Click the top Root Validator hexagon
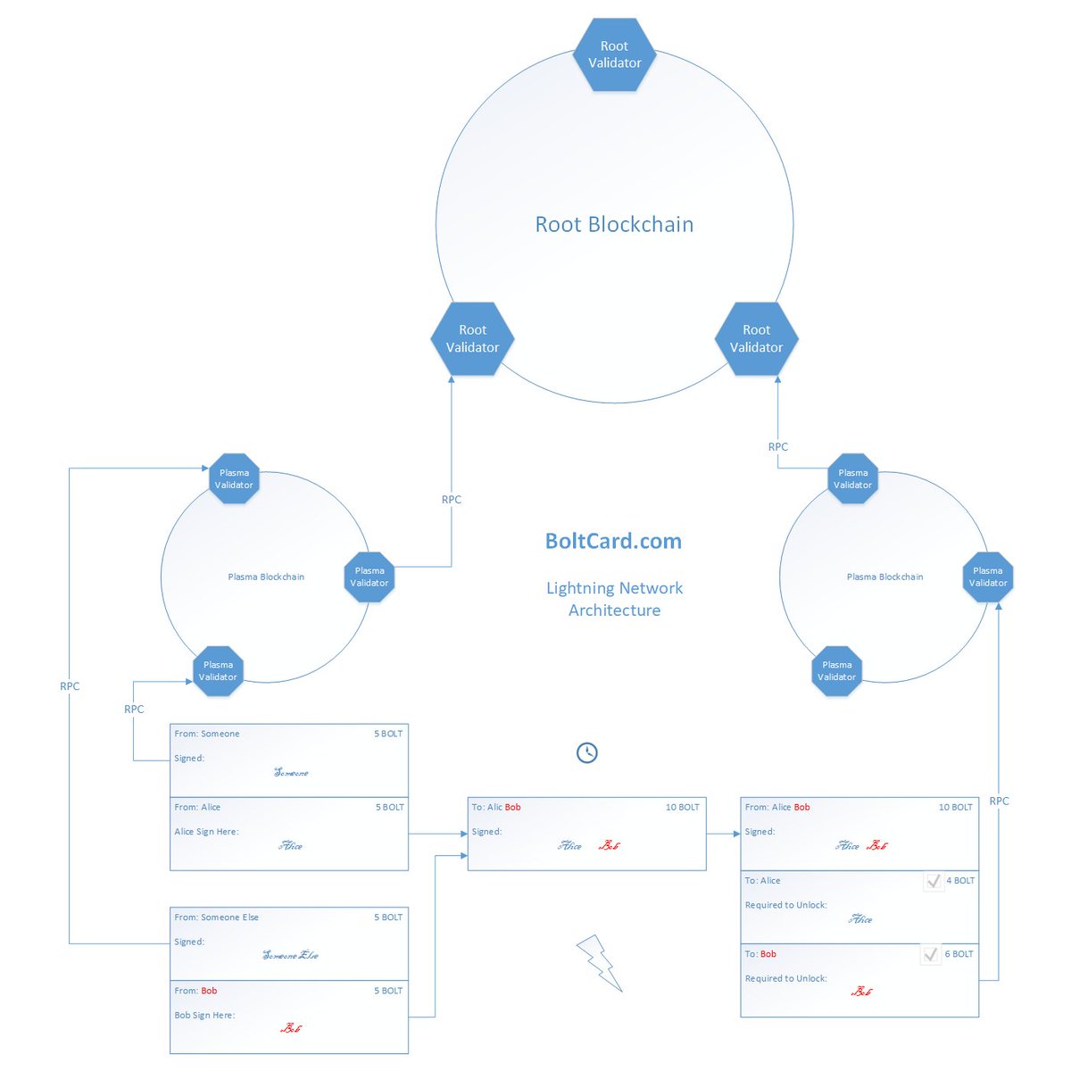pyautogui.click(x=614, y=54)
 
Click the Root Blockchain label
pyautogui.click(x=614, y=224)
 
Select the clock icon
pyautogui.click(x=586, y=752)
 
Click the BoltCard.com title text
pyautogui.click(x=613, y=541)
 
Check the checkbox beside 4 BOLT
pyautogui.click(x=934, y=881)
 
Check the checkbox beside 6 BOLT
pyautogui.click(x=931, y=954)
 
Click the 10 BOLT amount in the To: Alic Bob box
pyautogui.click(x=682, y=807)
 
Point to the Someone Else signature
pyautogui.click(x=290, y=955)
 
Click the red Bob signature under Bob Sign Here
pyautogui.click(x=291, y=1028)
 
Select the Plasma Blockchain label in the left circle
pyautogui.click(x=266, y=577)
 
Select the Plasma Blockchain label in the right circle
pyautogui.click(x=884, y=577)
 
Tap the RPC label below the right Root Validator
pyautogui.click(x=777, y=446)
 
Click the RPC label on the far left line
pyautogui.click(x=70, y=686)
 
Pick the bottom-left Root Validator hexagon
pyautogui.click(x=472, y=339)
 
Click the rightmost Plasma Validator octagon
pyautogui.click(x=988, y=577)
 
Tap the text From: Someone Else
pyautogui.click(x=216, y=917)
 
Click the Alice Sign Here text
pyautogui.click(x=206, y=831)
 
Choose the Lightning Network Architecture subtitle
pyautogui.click(x=614, y=599)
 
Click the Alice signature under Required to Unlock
pyautogui.click(x=860, y=919)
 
